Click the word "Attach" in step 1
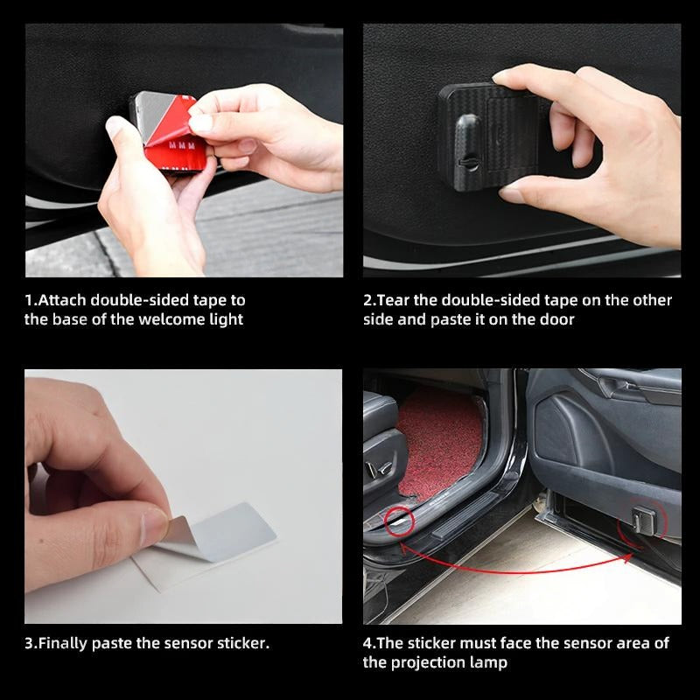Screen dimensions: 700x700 click(x=62, y=300)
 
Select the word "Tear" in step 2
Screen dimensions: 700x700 click(x=393, y=300)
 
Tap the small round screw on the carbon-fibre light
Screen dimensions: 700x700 click(x=468, y=163)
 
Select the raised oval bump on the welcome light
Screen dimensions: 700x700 click(x=467, y=143)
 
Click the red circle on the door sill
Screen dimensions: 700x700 click(x=400, y=521)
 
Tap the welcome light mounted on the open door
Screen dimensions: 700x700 click(x=644, y=521)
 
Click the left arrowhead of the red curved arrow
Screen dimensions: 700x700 click(x=404, y=548)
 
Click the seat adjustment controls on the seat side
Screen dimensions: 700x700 click(x=378, y=469)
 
